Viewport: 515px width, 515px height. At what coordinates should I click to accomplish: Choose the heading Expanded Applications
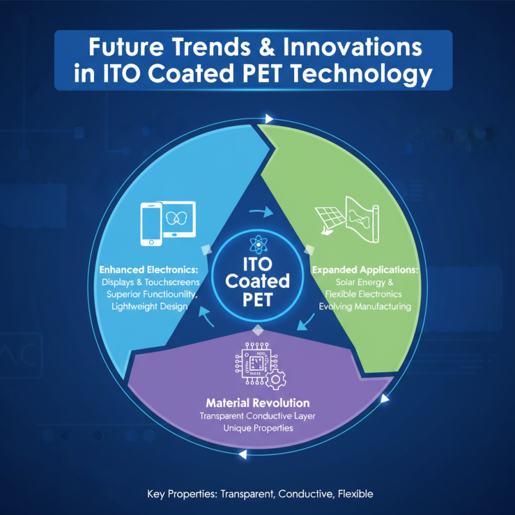[x=365, y=270]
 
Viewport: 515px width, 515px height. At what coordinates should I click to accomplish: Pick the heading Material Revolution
[x=257, y=403]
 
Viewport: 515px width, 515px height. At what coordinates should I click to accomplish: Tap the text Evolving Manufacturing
[x=365, y=306]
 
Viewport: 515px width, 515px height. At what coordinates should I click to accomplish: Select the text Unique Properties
[x=257, y=427]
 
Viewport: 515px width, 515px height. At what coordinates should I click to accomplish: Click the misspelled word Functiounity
[x=169, y=294]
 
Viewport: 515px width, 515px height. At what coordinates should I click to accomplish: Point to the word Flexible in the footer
[x=353, y=494]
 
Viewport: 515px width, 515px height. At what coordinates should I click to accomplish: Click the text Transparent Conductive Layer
[x=257, y=416]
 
